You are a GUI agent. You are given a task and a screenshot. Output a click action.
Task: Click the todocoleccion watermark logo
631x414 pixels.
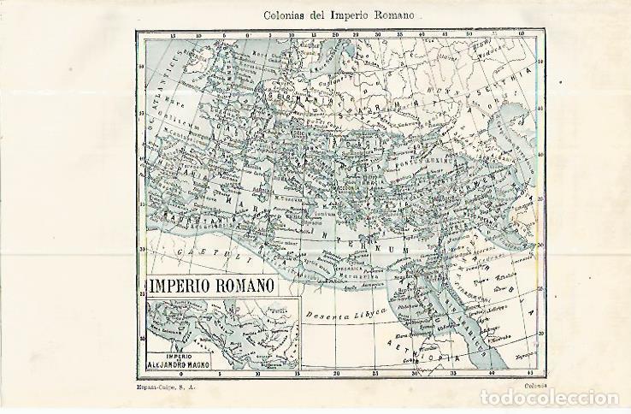(551, 398)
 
